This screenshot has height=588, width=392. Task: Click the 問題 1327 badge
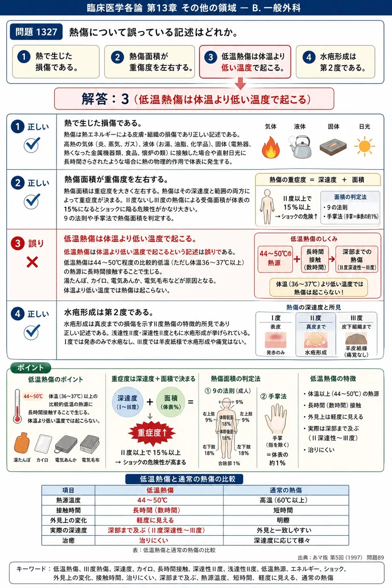tap(36, 32)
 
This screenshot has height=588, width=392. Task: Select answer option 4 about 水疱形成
tap(335, 62)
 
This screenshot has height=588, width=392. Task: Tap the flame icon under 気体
tap(271, 147)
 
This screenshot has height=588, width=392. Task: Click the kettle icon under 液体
tap(300, 147)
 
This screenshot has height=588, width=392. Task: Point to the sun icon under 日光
tap(364, 146)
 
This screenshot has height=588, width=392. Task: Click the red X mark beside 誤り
tap(32, 262)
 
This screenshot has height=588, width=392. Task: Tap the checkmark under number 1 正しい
tap(32, 145)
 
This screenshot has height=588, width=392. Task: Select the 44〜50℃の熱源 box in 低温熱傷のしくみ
tap(275, 259)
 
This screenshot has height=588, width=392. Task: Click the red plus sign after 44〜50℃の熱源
tap(297, 260)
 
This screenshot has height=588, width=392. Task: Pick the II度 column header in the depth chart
tap(315, 318)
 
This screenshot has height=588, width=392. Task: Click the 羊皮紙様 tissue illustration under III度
tap(356, 339)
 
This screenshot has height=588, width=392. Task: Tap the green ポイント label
tap(30, 368)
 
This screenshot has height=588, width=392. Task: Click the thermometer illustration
tap(17, 406)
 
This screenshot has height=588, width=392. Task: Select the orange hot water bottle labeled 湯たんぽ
tap(22, 443)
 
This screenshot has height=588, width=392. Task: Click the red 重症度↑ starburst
tap(152, 433)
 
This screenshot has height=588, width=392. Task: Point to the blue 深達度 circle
tap(127, 402)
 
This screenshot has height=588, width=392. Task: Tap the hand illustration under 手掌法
tap(276, 418)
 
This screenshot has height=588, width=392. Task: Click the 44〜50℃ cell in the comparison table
tap(153, 500)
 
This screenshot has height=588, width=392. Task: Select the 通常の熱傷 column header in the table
tap(286, 490)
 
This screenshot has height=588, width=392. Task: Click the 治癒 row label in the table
tap(68, 541)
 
